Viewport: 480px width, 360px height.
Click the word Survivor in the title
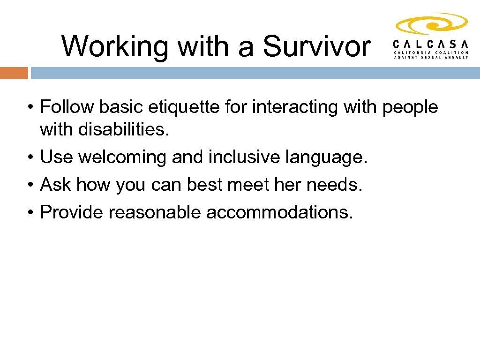[316, 46]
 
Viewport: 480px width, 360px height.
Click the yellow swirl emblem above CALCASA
[432, 24]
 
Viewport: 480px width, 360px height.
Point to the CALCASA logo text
[431, 44]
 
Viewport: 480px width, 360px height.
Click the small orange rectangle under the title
[14, 73]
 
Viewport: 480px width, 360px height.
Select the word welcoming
[122, 157]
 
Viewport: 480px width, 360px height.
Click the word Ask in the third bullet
[56, 185]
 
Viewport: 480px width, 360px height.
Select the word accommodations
[279, 212]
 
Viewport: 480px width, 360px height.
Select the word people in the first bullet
[410, 108]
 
